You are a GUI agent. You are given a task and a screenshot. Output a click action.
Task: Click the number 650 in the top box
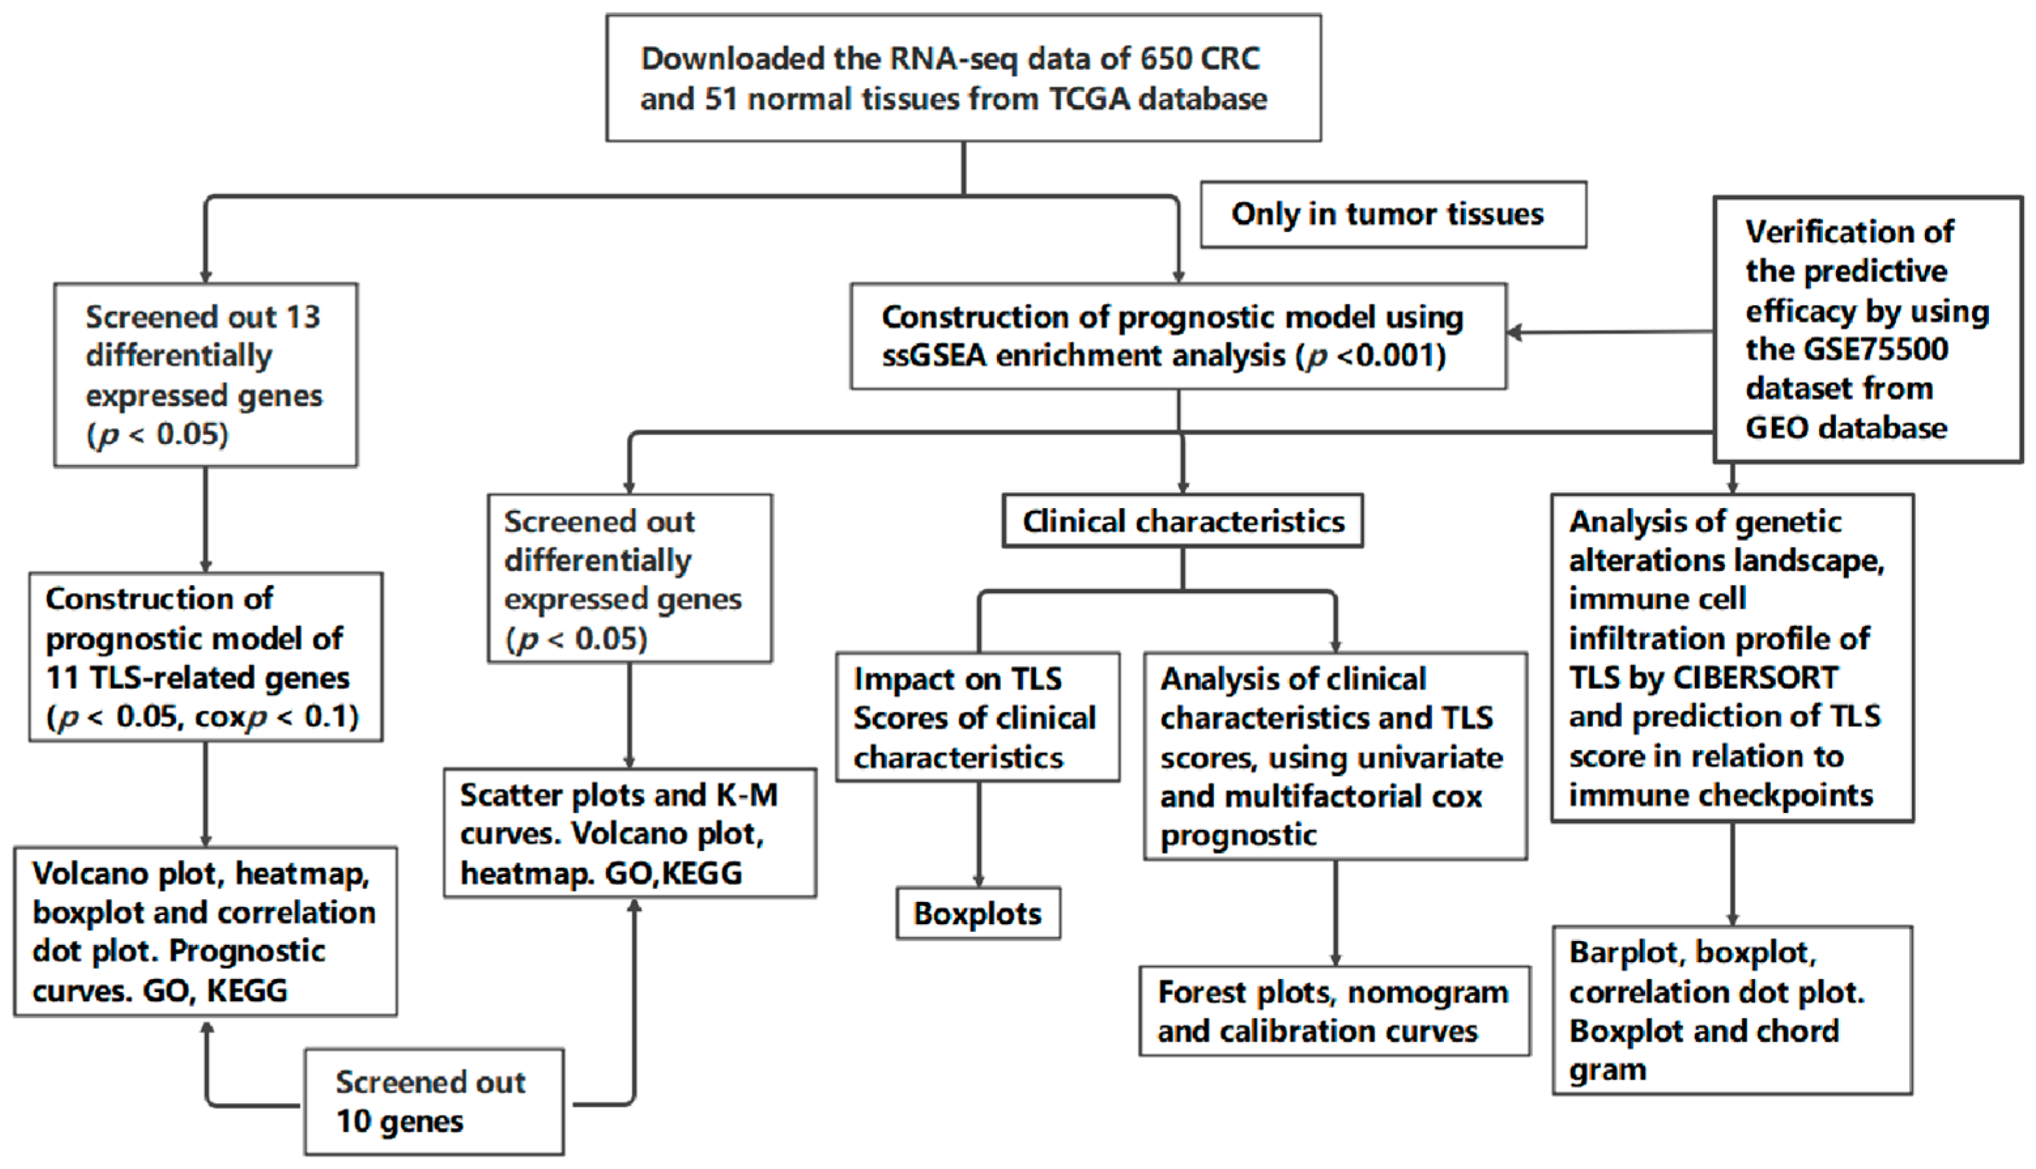tap(1161, 59)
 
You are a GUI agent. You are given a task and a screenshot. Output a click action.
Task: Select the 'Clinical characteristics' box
tap(1182, 521)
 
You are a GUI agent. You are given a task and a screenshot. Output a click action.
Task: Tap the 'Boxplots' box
tap(977, 914)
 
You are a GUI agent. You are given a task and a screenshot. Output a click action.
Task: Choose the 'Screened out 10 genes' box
tap(434, 1102)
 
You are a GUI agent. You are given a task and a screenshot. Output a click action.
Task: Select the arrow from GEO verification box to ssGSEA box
tap(1606, 332)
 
